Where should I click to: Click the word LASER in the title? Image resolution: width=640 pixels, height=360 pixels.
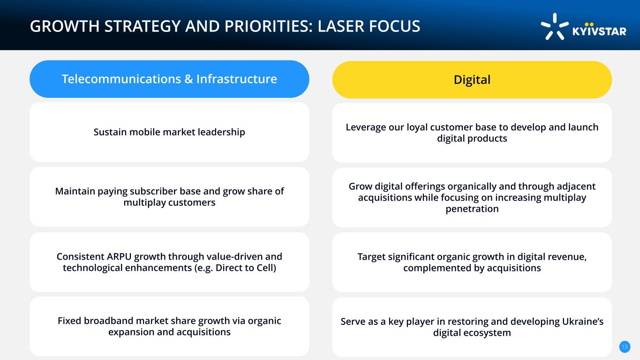(x=340, y=26)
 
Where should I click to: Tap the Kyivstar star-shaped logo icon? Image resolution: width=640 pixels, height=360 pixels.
(x=555, y=27)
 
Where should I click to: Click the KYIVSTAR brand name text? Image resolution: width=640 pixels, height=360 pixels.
(x=599, y=30)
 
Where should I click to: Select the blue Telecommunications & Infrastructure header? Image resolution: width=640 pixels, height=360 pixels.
(x=169, y=79)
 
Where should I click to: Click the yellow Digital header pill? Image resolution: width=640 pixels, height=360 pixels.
(x=472, y=80)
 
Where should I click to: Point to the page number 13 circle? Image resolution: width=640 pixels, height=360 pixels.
(x=625, y=347)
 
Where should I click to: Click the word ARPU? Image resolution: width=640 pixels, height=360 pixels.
(x=119, y=256)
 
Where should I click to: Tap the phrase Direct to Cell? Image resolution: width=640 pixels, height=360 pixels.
(x=245, y=268)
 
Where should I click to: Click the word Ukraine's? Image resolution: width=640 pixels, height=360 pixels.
(x=583, y=322)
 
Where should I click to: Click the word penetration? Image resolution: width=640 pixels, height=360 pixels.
(x=472, y=209)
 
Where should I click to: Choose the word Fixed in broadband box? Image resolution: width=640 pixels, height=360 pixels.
(x=69, y=321)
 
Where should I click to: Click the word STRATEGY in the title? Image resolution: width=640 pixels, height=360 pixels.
(x=142, y=26)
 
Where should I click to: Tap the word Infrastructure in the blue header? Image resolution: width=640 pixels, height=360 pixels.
(x=237, y=79)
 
